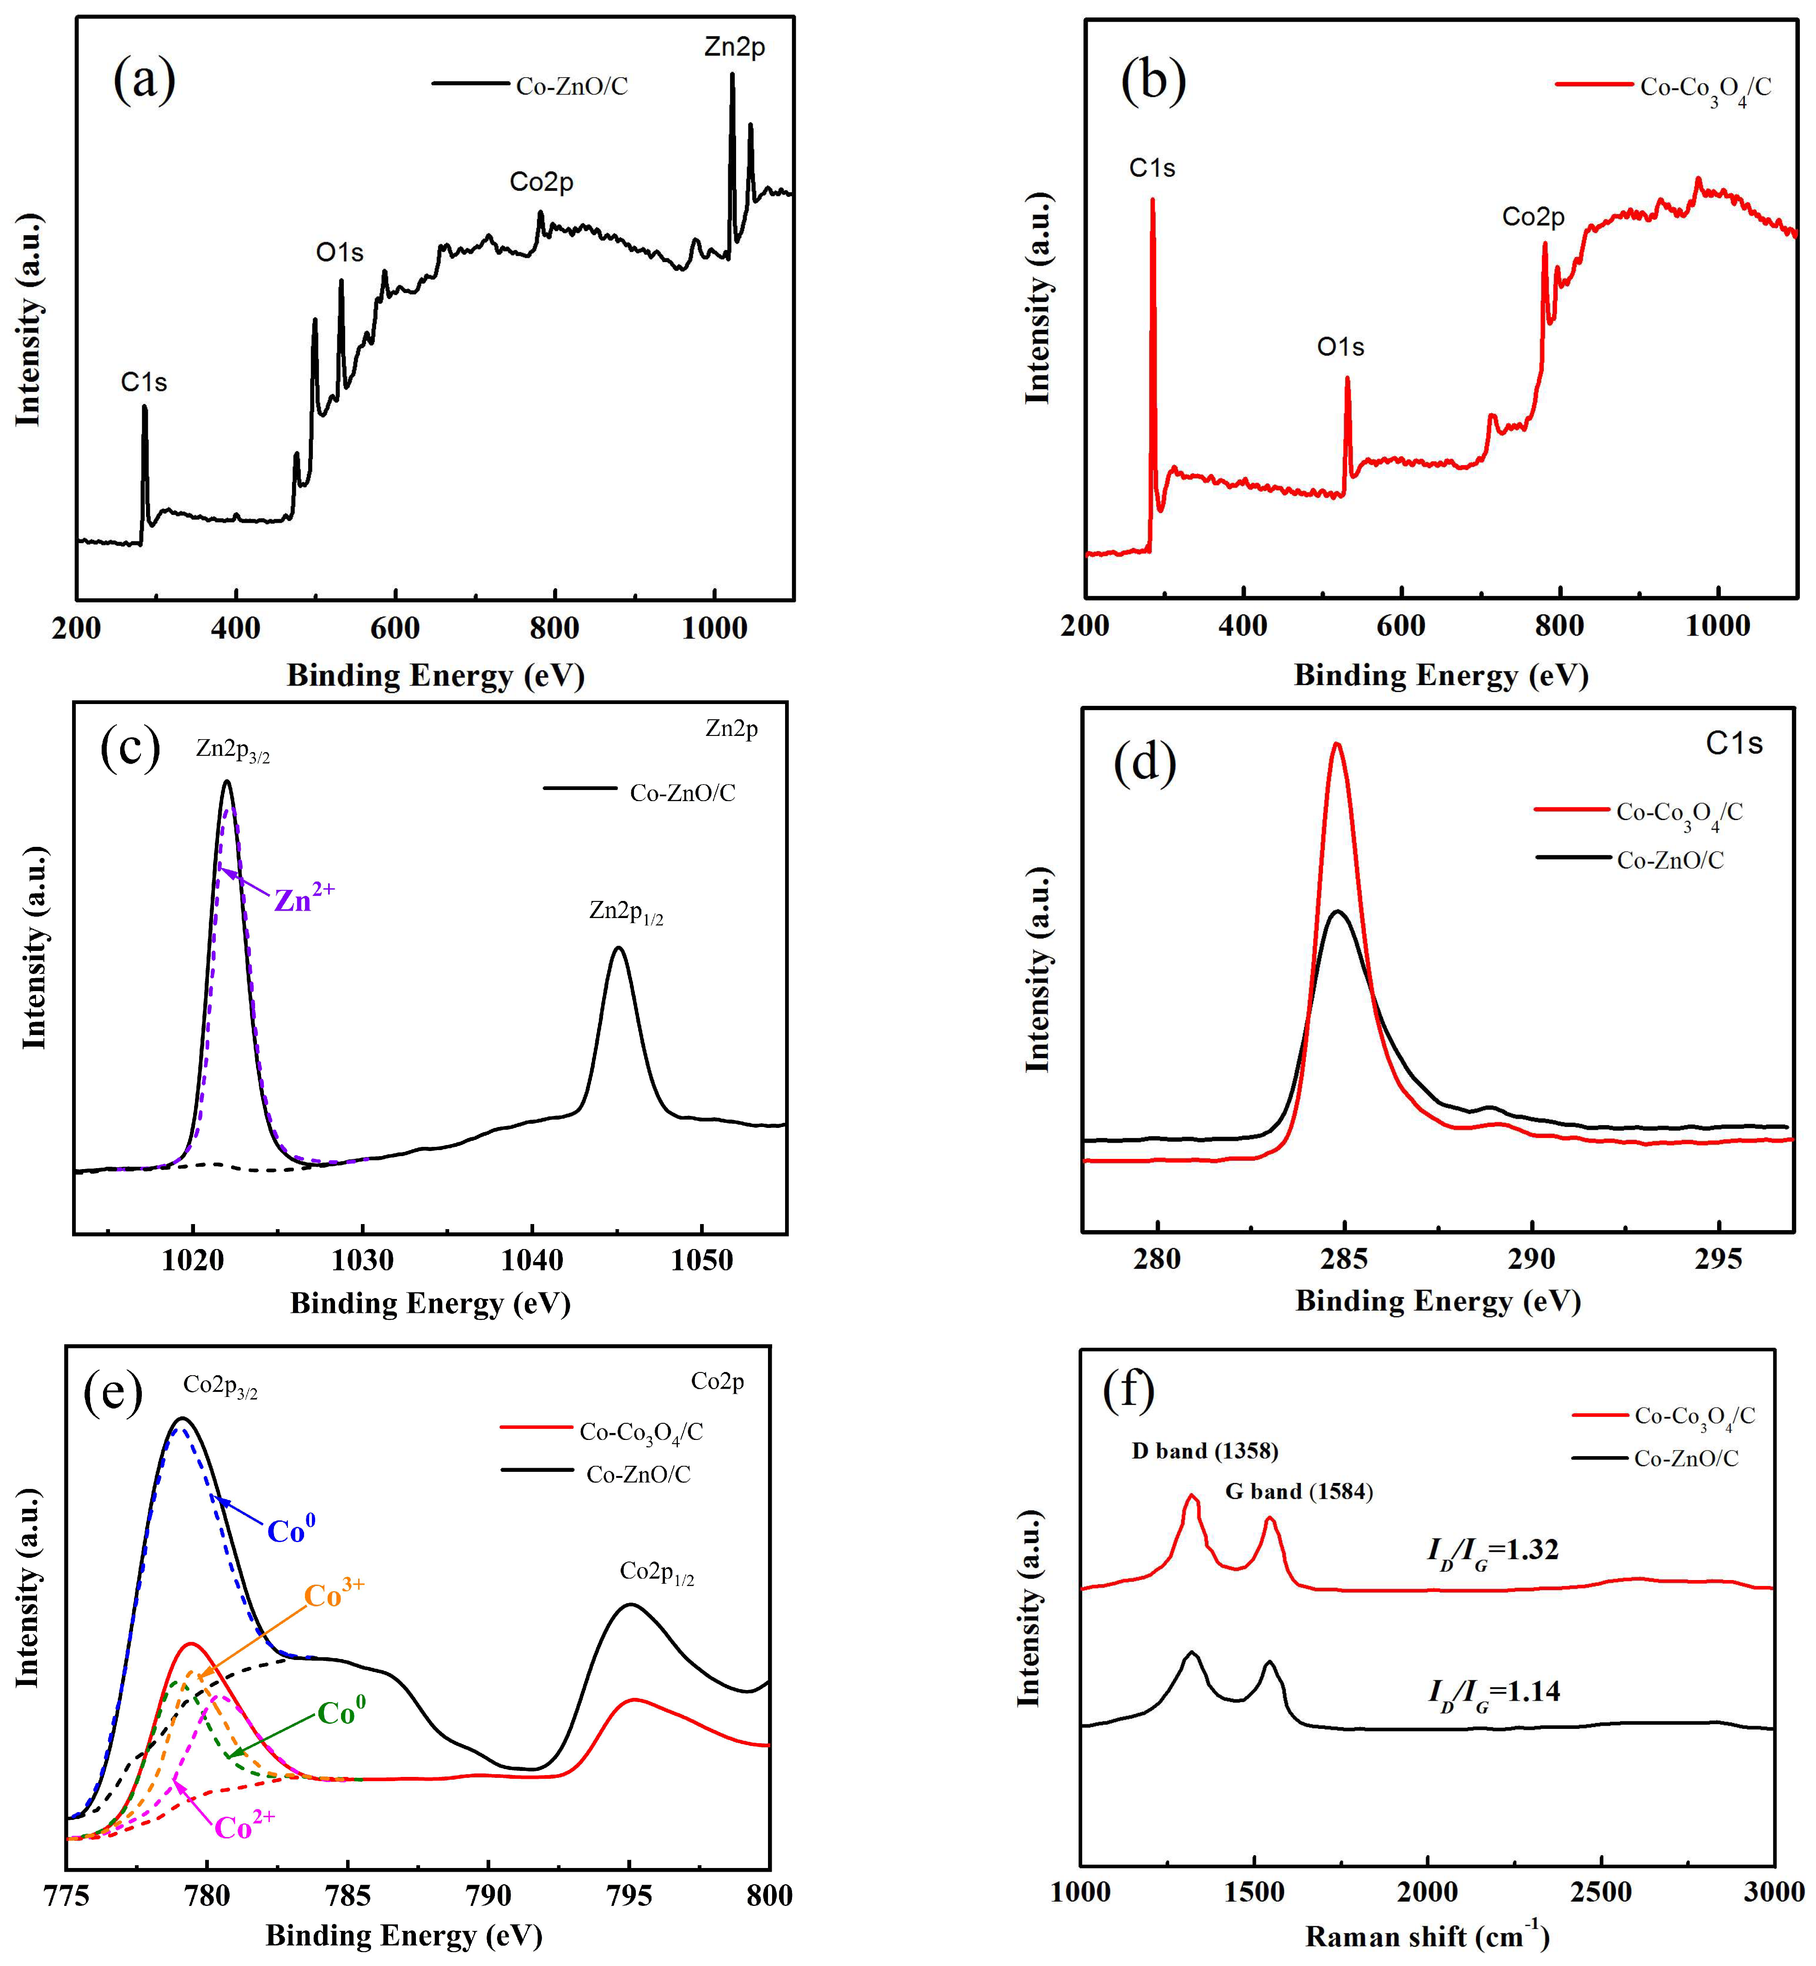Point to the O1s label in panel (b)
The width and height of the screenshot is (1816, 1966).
point(1341,347)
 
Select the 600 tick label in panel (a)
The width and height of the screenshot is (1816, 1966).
point(395,629)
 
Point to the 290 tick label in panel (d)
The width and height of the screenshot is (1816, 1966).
point(1531,1259)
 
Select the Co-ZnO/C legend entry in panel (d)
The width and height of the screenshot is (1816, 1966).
point(1670,860)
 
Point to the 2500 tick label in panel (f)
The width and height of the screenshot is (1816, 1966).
point(1601,1893)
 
